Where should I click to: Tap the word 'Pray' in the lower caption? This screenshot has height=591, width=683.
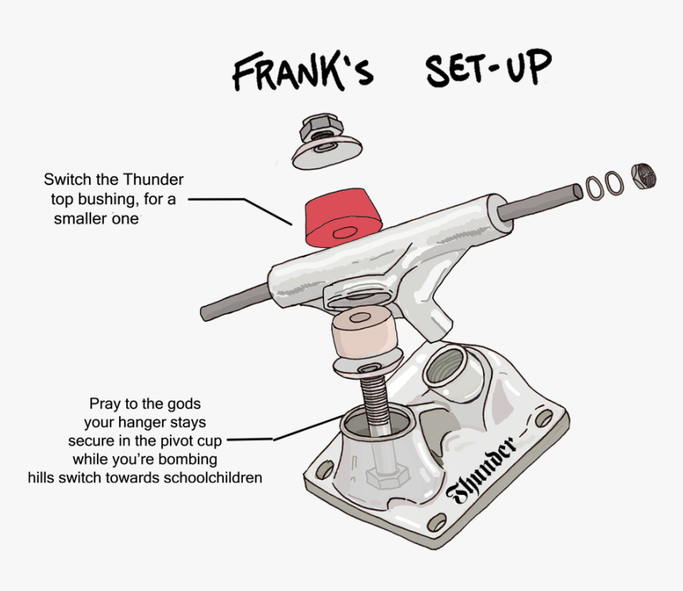(105, 404)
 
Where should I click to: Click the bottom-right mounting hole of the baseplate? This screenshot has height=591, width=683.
(435, 523)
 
